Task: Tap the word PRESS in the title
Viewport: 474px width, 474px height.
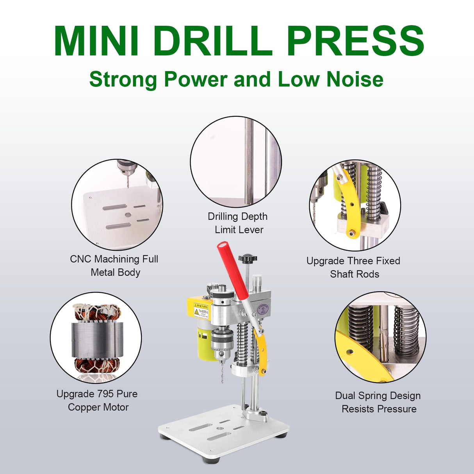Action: (x=355, y=41)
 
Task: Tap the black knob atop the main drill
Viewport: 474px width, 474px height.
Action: (x=248, y=258)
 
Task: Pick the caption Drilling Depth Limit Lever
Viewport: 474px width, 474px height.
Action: (x=238, y=223)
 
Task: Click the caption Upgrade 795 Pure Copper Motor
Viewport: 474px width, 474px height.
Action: (x=97, y=400)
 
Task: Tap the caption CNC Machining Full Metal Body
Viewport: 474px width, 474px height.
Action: (x=114, y=266)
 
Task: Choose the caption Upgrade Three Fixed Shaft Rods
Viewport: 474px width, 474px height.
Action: (x=353, y=267)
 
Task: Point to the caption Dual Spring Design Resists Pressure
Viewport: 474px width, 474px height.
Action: (x=378, y=402)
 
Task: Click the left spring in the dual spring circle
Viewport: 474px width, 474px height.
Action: (x=360, y=326)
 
